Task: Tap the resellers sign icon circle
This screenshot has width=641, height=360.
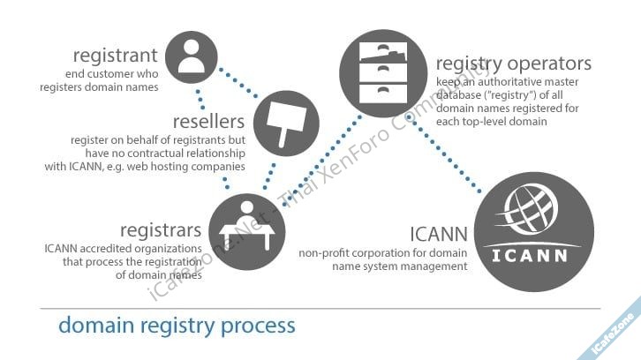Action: [x=285, y=124]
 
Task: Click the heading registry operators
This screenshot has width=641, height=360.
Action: [x=513, y=64]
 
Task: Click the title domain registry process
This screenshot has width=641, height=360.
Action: [x=177, y=325]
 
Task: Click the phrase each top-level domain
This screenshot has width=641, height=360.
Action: [x=492, y=121]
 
